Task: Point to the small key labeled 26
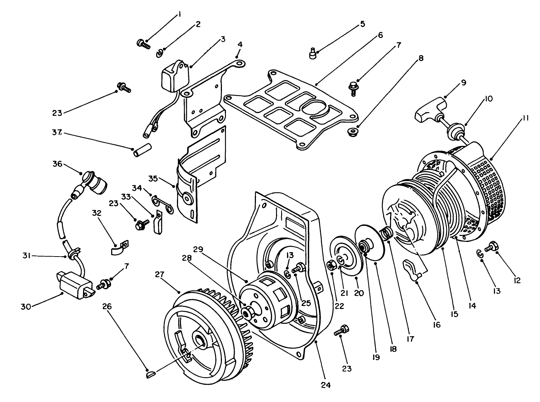(x=151, y=373)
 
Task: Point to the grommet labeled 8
(x=352, y=132)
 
